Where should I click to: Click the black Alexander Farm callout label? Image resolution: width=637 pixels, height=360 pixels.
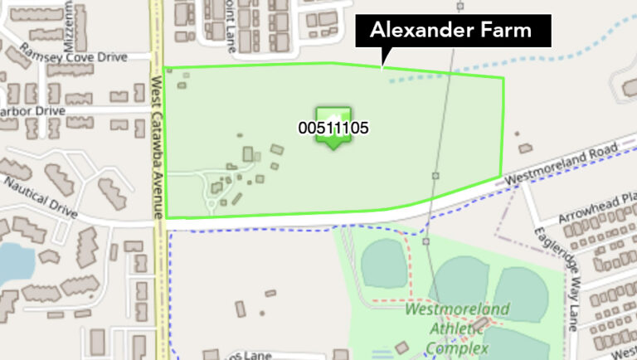(x=455, y=32)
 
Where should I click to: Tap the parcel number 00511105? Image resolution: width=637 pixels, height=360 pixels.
(x=333, y=129)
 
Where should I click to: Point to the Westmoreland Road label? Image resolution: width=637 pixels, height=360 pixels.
(x=571, y=163)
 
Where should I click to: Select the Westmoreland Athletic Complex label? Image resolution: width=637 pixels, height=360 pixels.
(x=457, y=327)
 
